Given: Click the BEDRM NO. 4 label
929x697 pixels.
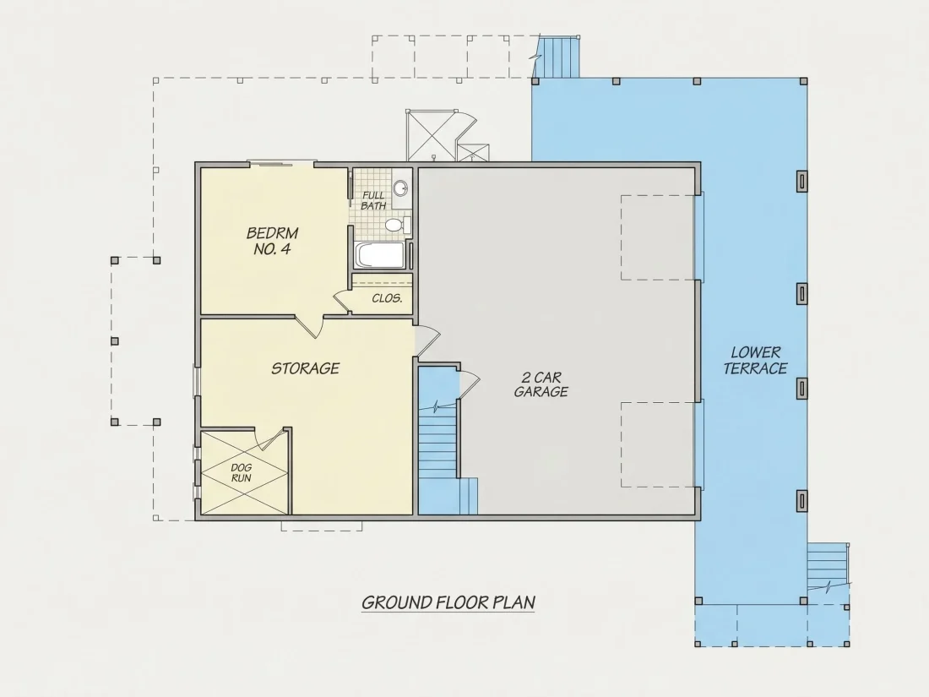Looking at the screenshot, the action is [x=272, y=242].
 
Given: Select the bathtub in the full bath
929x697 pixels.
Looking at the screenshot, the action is [x=380, y=255].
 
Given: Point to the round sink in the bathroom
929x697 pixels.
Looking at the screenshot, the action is [x=401, y=188].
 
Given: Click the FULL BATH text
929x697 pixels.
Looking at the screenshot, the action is [x=373, y=200].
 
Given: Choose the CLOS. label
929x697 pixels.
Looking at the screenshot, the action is [x=387, y=298].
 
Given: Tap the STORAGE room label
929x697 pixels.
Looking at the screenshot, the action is [x=305, y=368].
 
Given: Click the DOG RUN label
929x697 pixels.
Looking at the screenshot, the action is [x=242, y=473].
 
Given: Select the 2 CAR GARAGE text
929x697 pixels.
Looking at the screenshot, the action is [x=541, y=384].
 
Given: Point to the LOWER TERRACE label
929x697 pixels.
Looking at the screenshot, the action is [x=755, y=361].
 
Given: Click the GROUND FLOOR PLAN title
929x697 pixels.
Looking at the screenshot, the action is [x=448, y=602].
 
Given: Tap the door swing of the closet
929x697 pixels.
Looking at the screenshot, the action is [x=342, y=301].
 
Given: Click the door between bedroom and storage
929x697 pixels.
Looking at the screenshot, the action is [x=310, y=327].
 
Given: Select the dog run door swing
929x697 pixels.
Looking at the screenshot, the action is [x=270, y=439].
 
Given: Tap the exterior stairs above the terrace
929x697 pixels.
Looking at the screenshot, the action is [x=557, y=57].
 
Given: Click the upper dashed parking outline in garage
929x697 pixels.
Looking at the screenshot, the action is [x=658, y=237].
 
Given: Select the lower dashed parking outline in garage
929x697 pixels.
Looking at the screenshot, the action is [x=658, y=444].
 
